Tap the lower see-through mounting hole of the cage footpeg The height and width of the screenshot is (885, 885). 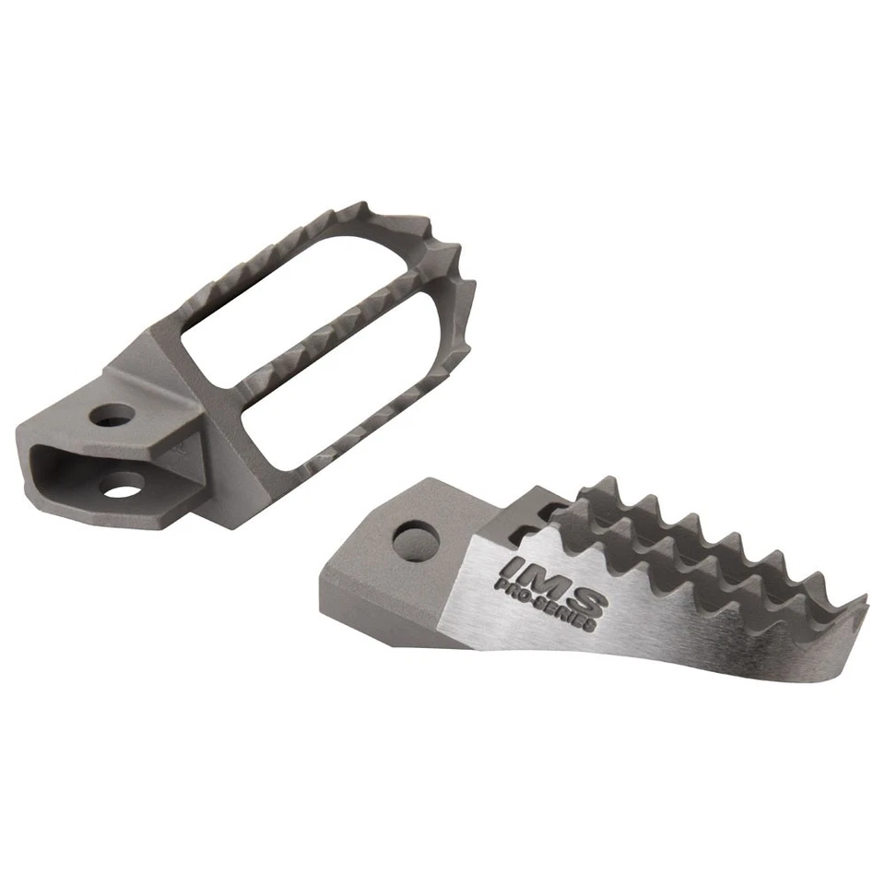125,482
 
